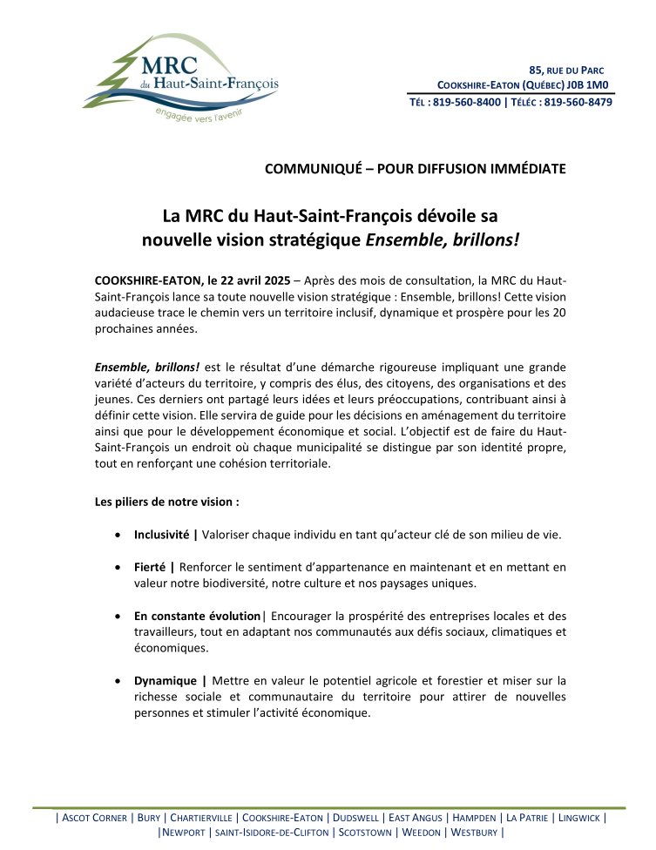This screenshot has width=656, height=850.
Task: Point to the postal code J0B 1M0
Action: (x=588, y=85)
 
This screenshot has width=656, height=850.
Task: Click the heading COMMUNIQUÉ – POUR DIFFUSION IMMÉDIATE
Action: (x=415, y=168)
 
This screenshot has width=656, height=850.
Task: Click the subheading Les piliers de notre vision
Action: (x=166, y=502)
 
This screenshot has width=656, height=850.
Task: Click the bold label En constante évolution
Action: (x=197, y=616)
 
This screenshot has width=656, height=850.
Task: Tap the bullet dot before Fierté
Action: (x=118, y=568)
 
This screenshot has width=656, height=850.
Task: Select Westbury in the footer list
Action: (x=474, y=832)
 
